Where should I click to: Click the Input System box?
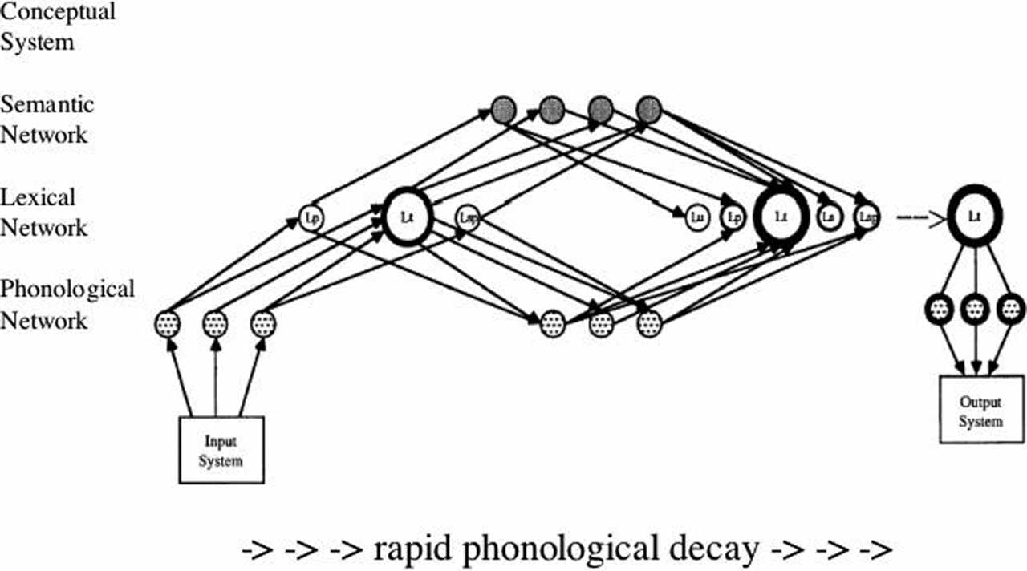click(221, 450)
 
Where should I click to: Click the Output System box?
click(980, 411)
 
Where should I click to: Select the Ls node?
click(829, 216)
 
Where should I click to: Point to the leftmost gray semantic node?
click(503, 108)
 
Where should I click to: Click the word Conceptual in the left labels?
click(58, 13)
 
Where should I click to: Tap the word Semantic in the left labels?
click(47, 104)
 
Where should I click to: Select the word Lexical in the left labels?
click(38, 197)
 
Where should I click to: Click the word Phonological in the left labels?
click(67, 290)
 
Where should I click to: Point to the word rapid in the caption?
click(412, 550)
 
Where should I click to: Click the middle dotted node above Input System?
click(215, 324)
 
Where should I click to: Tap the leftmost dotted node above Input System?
click(167, 324)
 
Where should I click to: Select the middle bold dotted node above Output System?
click(974, 308)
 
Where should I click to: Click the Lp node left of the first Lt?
click(311, 216)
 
